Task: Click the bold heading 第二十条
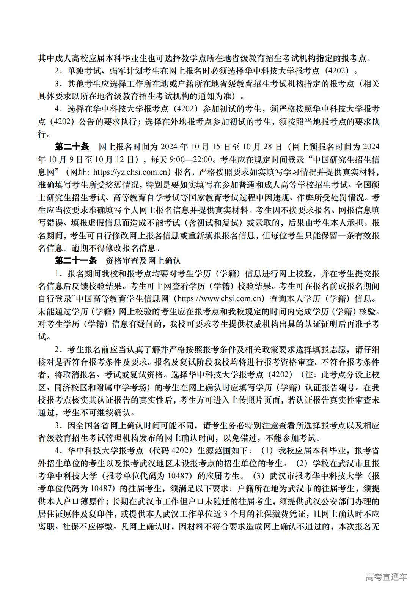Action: (x=72, y=147)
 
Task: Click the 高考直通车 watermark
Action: (x=386, y=577)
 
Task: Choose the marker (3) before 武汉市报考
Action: (x=258, y=476)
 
